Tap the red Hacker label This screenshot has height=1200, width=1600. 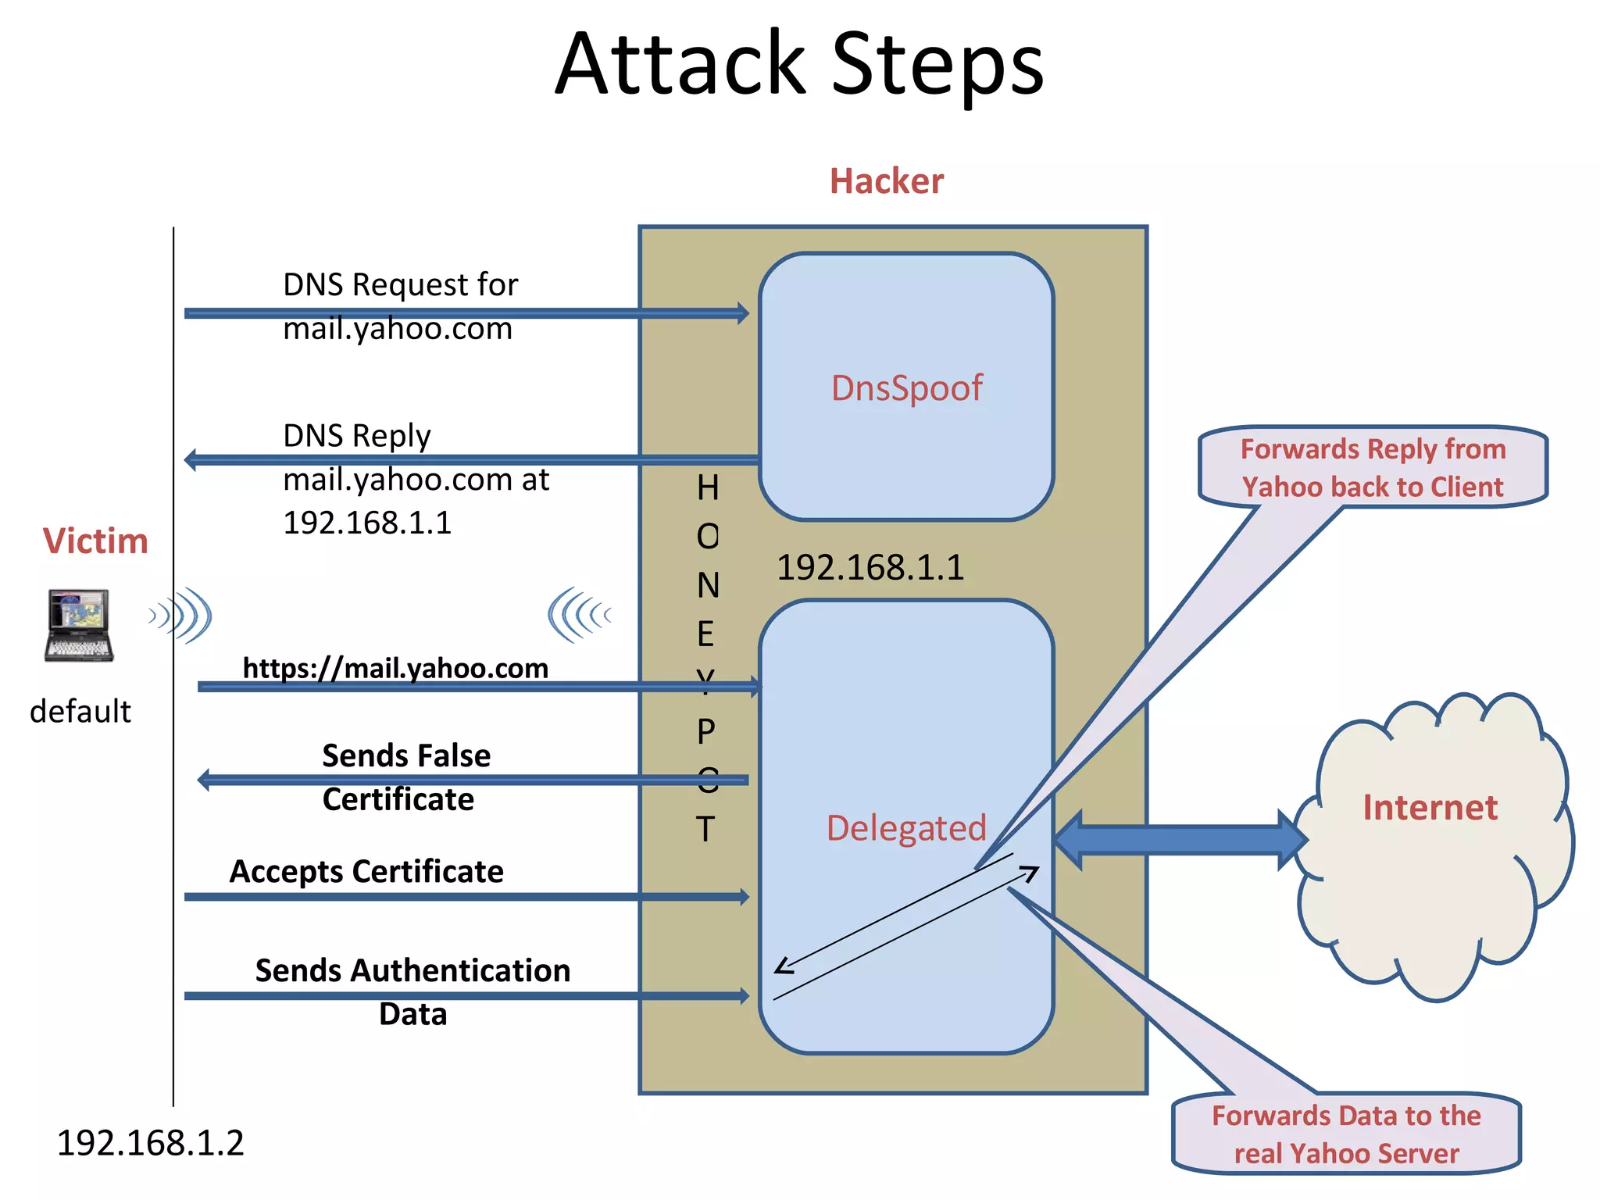(x=886, y=181)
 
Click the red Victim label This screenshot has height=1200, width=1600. (x=95, y=541)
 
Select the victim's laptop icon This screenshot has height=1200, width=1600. (x=79, y=626)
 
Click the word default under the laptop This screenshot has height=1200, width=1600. (x=80, y=712)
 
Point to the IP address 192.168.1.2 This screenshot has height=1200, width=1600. (x=150, y=1143)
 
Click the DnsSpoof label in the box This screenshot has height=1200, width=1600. (x=906, y=388)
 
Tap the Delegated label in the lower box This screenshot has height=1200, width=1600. (x=906, y=828)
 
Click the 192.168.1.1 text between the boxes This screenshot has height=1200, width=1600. (x=870, y=567)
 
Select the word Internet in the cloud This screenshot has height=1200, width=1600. (x=1430, y=807)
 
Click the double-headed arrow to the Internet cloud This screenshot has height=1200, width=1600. (x=1180, y=840)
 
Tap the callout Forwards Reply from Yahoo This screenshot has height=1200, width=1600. (x=1373, y=467)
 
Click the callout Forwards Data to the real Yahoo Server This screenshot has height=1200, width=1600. (x=1345, y=1134)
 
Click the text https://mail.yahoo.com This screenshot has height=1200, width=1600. (x=395, y=669)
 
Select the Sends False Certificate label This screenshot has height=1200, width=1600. (x=405, y=777)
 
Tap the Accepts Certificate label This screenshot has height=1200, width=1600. (x=366, y=871)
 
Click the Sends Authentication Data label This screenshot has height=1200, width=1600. (x=412, y=991)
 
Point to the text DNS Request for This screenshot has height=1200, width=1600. (x=400, y=285)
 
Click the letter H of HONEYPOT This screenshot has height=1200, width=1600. (x=707, y=488)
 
